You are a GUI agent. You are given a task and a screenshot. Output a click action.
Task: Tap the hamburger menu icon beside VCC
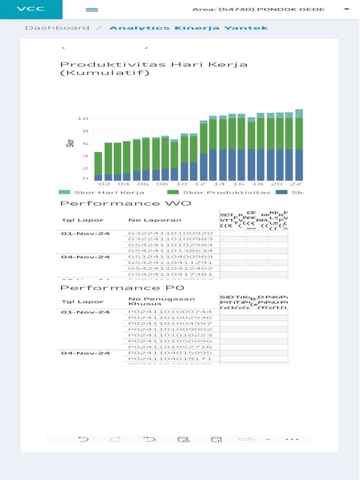click(92, 9)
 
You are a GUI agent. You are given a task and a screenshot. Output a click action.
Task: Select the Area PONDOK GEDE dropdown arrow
click(346, 9)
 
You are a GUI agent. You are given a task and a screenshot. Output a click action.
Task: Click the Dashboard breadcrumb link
click(57, 28)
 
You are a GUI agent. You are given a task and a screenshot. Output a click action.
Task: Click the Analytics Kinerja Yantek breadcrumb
click(188, 28)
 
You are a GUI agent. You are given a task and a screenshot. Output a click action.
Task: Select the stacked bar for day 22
click(299, 145)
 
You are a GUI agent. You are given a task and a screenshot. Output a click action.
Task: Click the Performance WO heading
click(126, 203)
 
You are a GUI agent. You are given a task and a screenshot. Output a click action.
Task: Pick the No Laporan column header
click(148, 220)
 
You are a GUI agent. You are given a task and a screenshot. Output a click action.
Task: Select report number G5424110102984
click(171, 245)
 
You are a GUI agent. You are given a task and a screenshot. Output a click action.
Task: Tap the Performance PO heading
click(122, 288)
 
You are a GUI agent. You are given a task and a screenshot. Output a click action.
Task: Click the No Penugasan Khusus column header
click(162, 301)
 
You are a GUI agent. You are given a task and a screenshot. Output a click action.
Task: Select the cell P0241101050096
click(171, 341)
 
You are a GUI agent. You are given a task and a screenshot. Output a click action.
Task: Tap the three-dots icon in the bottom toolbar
click(292, 440)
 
